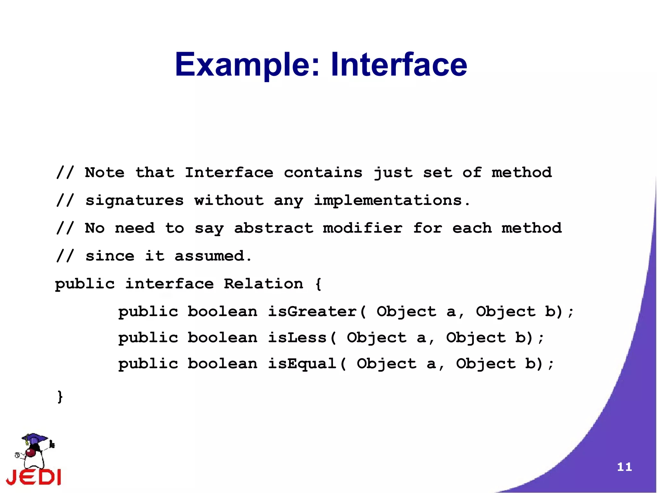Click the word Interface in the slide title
pos(399,65)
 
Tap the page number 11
pos(624,467)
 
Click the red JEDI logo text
pos(34,477)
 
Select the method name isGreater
pos(312,312)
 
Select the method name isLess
pos(297,338)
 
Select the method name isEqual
pos(302,364)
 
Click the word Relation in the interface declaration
pos(263,284)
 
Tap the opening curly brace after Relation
pos(318,284)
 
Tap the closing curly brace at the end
pos(60,396)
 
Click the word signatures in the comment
pos(134,201)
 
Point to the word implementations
pos(388,201)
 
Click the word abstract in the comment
pos(273,228)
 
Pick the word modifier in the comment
pos(363,228)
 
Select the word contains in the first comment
pos(323,173)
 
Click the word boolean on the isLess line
pos(222,338)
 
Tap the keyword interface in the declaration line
pos(169,284)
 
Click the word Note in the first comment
pos(105,173)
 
